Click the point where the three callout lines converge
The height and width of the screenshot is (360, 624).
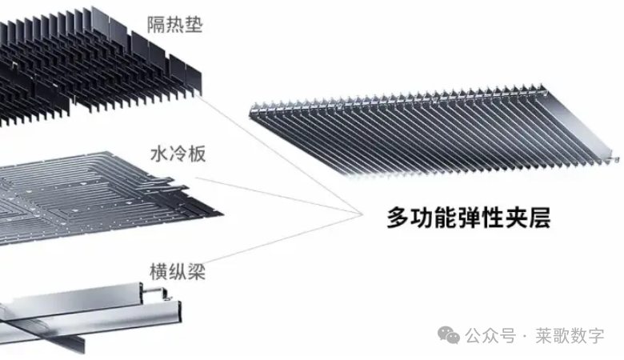tap(358, 212)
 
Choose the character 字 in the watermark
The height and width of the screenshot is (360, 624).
tap(596, 335)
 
